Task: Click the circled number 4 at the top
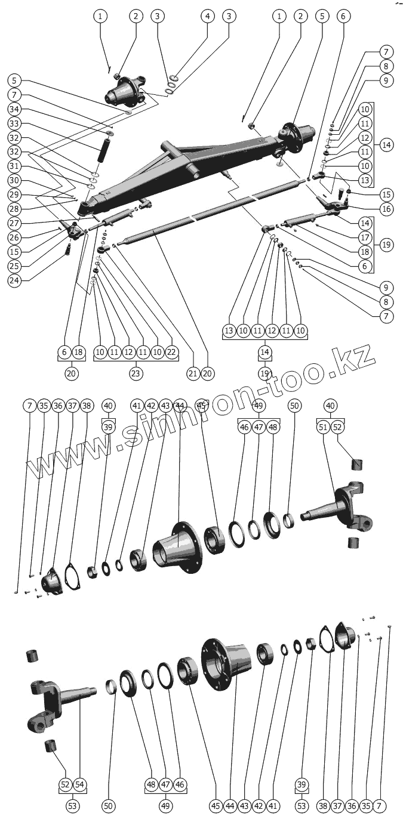click(x=207, y=16)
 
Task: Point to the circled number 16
click(x=386, y=209)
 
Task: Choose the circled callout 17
click(x=386, y=237)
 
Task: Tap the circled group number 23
click(x=136, y=373)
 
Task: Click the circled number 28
click(x=15, y=209)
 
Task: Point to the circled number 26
click(x=15, y=237)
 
